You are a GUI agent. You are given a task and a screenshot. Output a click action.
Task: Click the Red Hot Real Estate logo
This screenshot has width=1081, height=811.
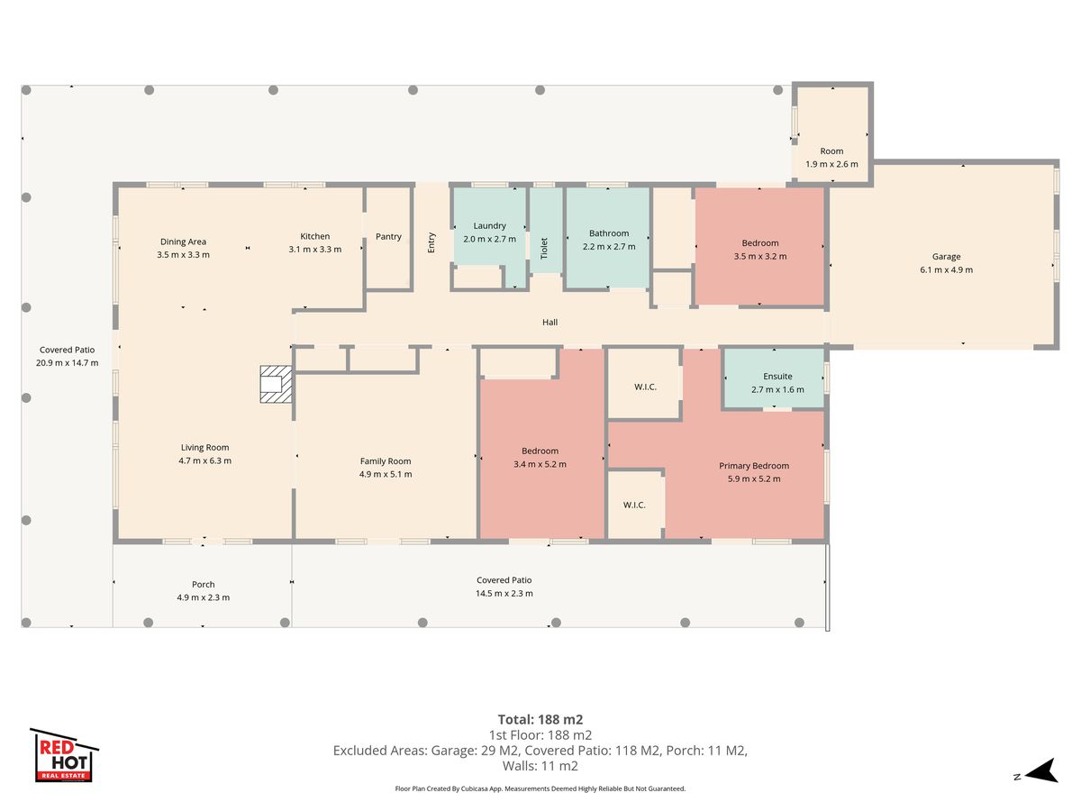(x=64, y=755)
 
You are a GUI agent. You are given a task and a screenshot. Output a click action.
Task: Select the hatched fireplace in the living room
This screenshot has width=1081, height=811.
(x=277, y=384)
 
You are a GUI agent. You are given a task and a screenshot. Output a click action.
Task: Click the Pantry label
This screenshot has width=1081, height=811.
(x=388, y=236)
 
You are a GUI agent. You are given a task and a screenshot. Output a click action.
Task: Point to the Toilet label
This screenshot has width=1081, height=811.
(x=544, y=248)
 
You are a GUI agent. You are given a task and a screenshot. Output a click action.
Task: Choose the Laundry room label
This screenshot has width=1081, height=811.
(x=489, y=225)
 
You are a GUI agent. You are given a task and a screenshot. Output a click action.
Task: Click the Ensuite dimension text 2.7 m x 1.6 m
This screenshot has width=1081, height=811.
(x=777, y=389)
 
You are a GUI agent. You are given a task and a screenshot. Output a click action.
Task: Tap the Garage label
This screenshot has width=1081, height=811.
(x=946, y=257)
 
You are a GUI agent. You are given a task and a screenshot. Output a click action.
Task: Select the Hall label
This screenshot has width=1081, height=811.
(x=550, y=322)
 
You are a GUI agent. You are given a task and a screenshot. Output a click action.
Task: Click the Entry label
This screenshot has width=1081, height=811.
(x=431, y=242)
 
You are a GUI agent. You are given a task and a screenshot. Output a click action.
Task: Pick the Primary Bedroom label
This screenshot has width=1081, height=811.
(x=754, y=466)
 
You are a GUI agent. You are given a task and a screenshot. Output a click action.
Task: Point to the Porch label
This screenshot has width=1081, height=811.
(x=204, y=585)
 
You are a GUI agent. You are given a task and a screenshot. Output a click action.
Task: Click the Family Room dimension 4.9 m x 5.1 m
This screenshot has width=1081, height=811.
(x=386, y=474)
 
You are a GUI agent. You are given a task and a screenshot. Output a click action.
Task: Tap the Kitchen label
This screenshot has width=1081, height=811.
(x=315, y=236)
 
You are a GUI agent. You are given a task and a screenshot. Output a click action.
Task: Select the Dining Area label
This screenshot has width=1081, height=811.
(x=183, y=241)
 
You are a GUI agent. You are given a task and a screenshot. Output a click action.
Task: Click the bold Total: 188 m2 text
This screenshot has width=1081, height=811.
(x=540, y=719)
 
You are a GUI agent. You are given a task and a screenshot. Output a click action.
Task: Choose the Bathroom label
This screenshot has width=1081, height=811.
(x=609, y=233)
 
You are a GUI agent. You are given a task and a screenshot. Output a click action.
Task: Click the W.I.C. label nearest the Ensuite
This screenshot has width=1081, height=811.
(x=645, y=387)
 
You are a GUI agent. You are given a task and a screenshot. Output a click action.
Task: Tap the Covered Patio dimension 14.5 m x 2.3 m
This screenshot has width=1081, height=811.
(x=504, y=593)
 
